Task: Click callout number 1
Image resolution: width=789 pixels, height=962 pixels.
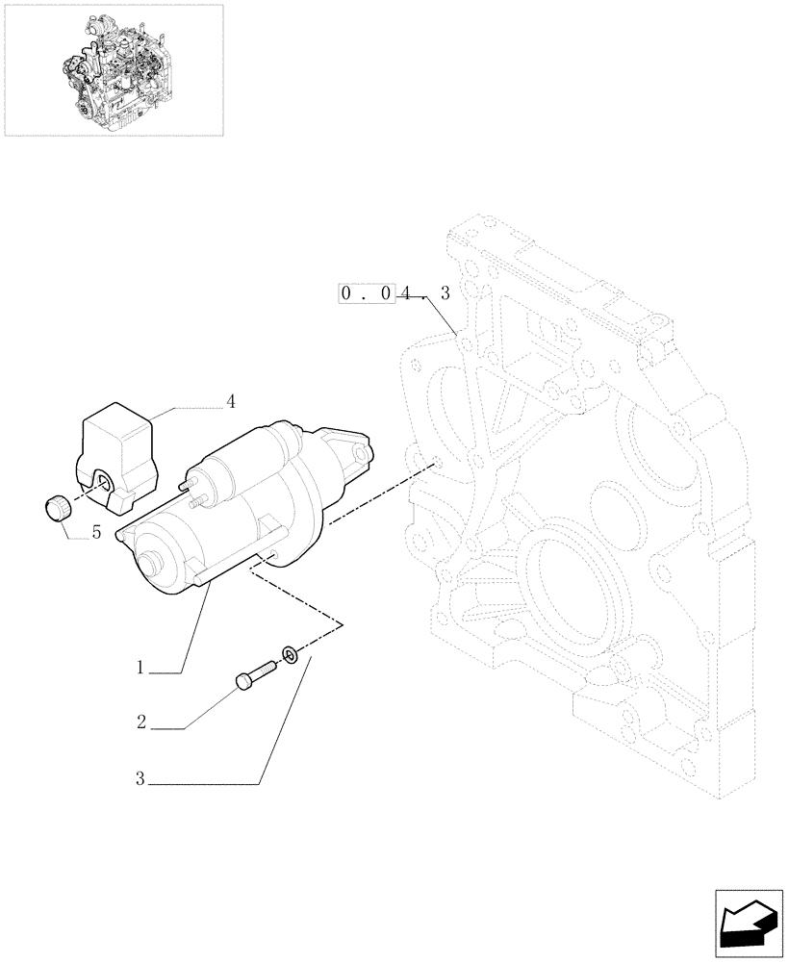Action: point(140,667)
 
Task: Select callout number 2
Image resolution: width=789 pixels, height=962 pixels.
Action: point(140,722)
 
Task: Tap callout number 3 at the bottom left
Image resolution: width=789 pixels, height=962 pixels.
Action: point(140,780)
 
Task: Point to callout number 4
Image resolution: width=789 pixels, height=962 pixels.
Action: point(231,400)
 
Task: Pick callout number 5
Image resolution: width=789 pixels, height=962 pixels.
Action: point(96,531)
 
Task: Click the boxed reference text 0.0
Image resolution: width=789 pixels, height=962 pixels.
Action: point(367,293)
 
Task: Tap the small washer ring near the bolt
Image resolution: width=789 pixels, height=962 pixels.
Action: point(289,656)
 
